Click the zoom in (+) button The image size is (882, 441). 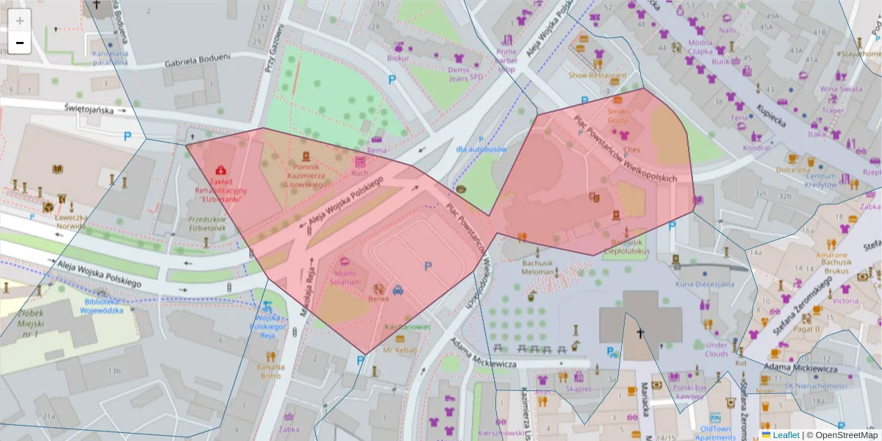(19, 20)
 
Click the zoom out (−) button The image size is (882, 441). (19, 43)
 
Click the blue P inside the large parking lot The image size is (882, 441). (428, 266)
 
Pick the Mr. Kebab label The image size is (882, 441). (400, 351)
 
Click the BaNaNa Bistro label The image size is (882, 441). (270, 370)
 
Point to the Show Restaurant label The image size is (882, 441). (598, 75)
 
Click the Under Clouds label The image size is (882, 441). (717, 348)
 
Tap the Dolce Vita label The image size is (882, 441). (792, 169)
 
